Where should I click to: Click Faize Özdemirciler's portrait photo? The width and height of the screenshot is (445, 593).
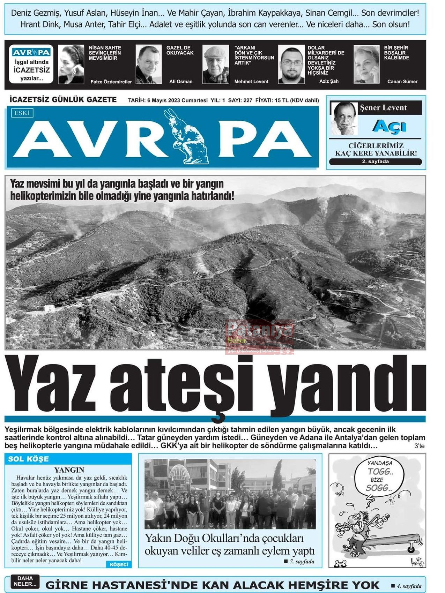(x=71, y=65)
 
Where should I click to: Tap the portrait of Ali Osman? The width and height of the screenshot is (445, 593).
(x=148, y=65)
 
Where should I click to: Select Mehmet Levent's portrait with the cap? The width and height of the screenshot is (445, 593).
(x=216, y=65)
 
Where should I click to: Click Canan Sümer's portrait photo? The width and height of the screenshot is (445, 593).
(x=366, y=65)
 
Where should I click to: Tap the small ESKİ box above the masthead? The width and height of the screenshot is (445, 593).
(x=22, y=113)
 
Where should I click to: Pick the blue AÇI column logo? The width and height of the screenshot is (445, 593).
(x=389, y=126)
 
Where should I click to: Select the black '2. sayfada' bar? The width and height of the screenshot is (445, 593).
(x=375, y=162)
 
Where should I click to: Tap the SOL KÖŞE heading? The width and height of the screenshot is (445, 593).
(x=28, y=459)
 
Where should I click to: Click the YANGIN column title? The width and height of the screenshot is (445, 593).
(x=69, y=470)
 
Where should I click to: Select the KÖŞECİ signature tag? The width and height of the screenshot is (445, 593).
(x=119, y=564)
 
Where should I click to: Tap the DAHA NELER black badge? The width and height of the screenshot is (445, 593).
(x=25, y=581)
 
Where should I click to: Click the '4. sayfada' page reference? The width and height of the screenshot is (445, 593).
(x=406, y=586)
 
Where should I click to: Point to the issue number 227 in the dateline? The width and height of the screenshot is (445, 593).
(x=247, y=100)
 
